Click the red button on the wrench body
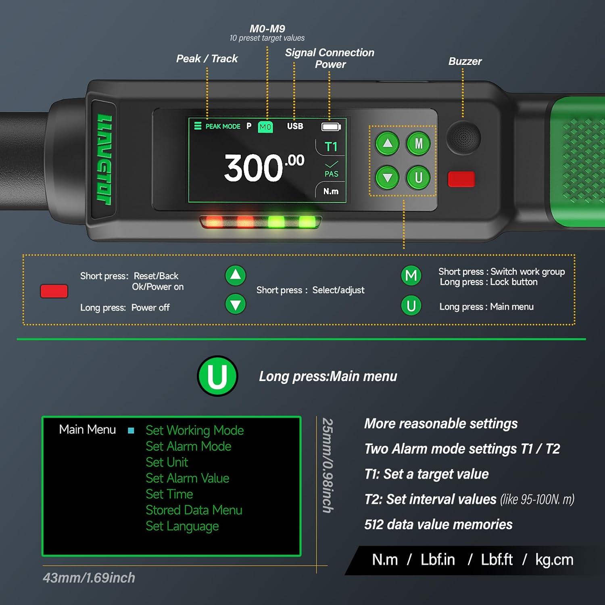tap(461, 179)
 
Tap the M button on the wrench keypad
tap(419, 144)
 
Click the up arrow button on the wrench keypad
tap(388, 143)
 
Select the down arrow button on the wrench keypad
tap(388, 177)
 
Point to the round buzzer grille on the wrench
tap(463, 138)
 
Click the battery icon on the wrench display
tap(331, 127)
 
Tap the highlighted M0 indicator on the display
tap(265, 127)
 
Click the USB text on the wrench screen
tap(295, 126)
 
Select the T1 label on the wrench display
tap(331, 147)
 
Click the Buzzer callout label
tap(465, 61)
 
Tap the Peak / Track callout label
tap(207, 59)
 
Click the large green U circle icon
tap(217, 376)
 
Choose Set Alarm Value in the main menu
tap(188, 478)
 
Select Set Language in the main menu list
tap(182, 526)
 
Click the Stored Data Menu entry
tap(194, 510)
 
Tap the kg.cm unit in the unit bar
tap(554, 560)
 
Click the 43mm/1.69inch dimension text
tap(89, 578)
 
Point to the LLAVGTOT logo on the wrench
tap(104, 159)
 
